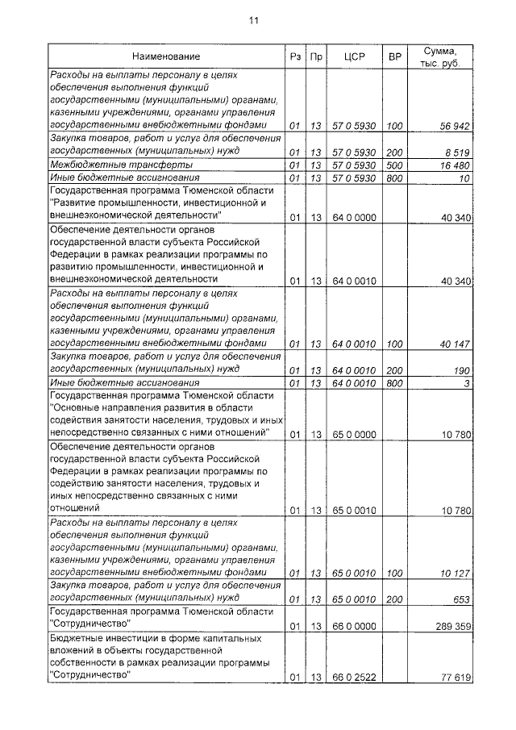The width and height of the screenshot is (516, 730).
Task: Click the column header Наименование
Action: [167, 56]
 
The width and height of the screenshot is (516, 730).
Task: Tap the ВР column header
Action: [394, 56]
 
